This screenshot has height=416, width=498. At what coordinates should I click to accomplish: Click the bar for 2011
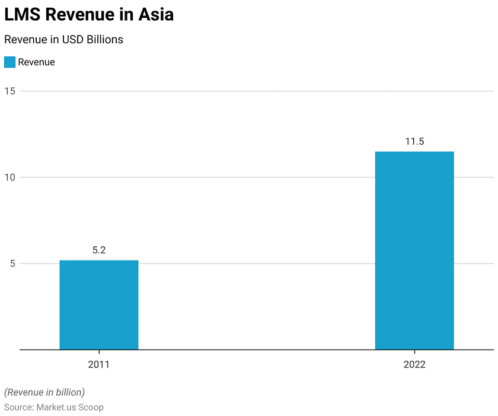[99, 305]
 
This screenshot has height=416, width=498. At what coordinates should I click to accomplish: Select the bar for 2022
[414, 250]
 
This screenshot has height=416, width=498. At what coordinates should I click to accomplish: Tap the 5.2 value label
[99, 250]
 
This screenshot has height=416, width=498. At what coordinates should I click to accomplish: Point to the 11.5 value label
[414, 142]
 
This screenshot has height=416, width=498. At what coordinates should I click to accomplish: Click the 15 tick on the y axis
[10, 91]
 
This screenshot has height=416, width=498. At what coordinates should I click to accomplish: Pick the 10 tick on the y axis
[10, 177]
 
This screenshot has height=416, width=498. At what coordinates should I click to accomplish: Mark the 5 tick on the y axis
[12, 264]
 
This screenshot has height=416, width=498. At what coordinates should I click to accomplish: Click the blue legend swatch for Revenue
[9, 62]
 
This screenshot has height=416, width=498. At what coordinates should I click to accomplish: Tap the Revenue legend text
[36, 62]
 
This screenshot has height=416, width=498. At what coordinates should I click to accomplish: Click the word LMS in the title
[22, 14]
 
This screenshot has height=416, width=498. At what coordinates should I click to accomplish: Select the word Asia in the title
[156, 14]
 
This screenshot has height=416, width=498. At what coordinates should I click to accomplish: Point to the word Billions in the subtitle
[104, 40]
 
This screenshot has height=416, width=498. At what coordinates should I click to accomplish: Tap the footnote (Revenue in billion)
[44, 392]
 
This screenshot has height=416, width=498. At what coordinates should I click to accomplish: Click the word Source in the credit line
[18, 408]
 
